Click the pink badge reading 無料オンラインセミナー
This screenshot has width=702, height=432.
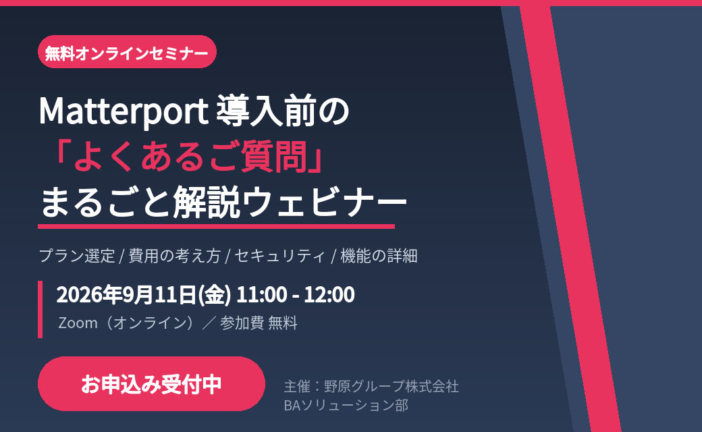pos(127,52)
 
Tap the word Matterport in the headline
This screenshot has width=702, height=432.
pos(124,111)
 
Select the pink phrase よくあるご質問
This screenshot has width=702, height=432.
pos(191,157)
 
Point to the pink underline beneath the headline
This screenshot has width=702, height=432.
pos(216,227)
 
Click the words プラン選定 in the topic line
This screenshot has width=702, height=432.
pos(78,256)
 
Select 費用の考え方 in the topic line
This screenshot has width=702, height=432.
pos(175,256)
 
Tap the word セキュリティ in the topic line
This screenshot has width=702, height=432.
pos(280,256)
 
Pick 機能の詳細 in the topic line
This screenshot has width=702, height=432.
pos(379,256)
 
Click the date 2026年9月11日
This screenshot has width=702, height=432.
pos(127,294)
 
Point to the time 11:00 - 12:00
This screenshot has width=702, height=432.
pos(296,294)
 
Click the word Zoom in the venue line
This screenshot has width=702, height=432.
pos(78,323)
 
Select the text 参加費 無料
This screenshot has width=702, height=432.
pos(259,323)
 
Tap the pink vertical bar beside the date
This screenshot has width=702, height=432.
pos(40,309)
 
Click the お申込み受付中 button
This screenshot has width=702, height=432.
pos(151,383)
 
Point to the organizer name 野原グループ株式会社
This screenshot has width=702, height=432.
pos(391,386)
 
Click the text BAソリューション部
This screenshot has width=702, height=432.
pos(346,405)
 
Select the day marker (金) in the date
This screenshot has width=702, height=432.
pos(215,295)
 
